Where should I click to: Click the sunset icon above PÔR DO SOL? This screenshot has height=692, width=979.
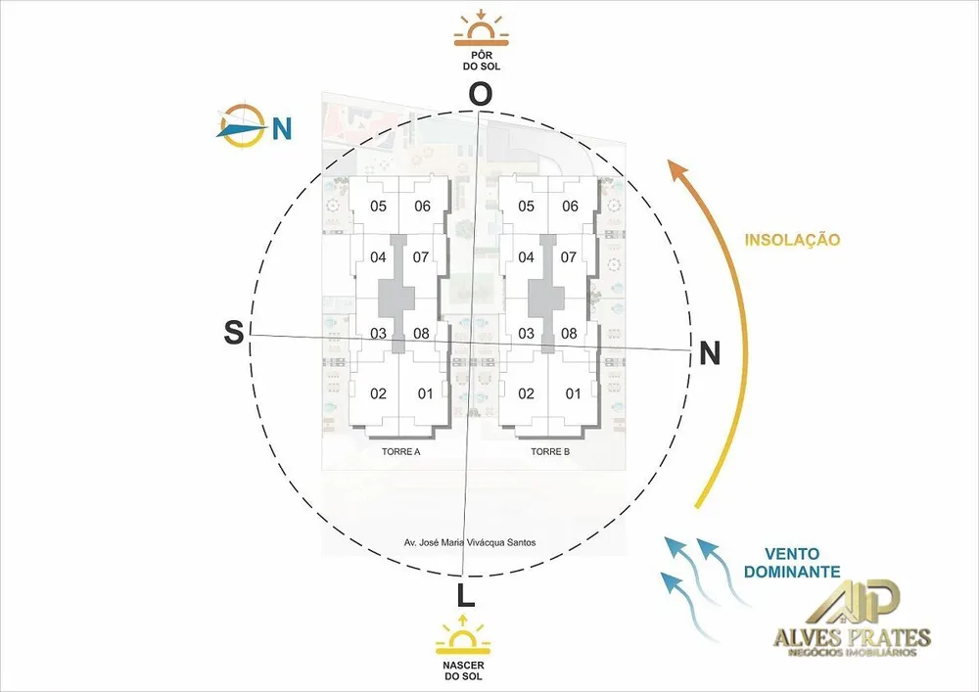481,28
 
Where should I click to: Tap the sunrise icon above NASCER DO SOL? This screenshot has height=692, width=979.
463,635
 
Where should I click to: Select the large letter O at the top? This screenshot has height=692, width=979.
480,94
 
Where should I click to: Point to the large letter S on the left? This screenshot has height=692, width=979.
234,332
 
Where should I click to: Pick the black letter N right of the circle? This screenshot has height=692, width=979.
709,353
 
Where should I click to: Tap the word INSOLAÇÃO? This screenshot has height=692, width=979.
792,240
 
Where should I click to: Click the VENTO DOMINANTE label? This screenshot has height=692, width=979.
792,562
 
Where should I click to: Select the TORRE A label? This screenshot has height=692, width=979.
400,452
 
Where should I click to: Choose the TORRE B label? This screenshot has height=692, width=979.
550,452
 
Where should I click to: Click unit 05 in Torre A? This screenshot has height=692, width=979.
378,206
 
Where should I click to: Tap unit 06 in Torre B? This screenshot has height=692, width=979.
570,206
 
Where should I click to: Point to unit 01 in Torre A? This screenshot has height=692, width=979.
425,393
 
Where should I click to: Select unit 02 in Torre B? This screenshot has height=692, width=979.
527,393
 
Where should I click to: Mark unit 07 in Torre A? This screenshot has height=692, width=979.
421,257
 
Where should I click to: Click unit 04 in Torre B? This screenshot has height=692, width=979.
527,257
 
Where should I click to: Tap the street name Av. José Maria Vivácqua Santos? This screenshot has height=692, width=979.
470,543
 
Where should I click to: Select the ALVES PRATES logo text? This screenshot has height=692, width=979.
853,638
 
